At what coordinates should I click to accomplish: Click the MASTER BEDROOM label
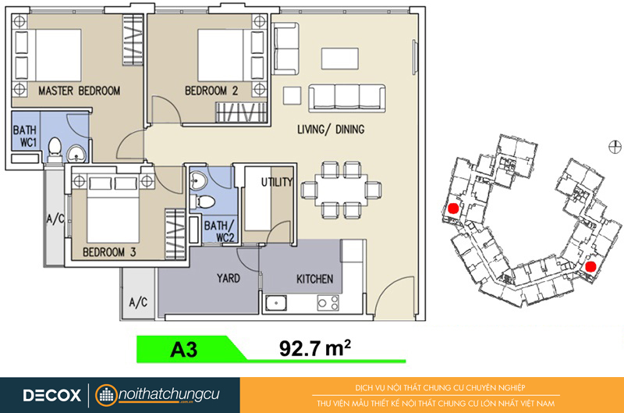[x=80, y=91]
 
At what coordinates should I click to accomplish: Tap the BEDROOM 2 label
[x=211, y=91]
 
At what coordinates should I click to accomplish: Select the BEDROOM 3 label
[x=109, y=252]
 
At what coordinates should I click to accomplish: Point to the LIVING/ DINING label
[x=331, y=130]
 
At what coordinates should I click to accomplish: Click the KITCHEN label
[x=315, y=279]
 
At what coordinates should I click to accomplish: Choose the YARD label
[x=229, y=278]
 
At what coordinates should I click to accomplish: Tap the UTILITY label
[x=277, y=183]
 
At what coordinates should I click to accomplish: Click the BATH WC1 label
[x=25, y=136]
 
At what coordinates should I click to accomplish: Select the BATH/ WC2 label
[x=219, y=231]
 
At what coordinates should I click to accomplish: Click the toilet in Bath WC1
[x=55, y=149]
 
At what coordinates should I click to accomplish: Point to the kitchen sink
[x=276, y=303]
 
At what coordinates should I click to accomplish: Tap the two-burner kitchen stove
[x=328, y=303]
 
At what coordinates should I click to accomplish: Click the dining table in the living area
[x=341, y=190]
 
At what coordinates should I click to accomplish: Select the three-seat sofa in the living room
[x=347, y=98]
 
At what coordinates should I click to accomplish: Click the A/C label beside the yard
[x=138, y=302]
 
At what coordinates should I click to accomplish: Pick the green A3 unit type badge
[x=184, y=349]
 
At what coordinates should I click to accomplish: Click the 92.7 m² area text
[x=315, y=348]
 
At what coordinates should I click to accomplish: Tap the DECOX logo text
[x=52, y=395]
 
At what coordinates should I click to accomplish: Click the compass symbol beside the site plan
[x=615, y=147]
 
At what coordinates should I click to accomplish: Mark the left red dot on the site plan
[x=454, y=208]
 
